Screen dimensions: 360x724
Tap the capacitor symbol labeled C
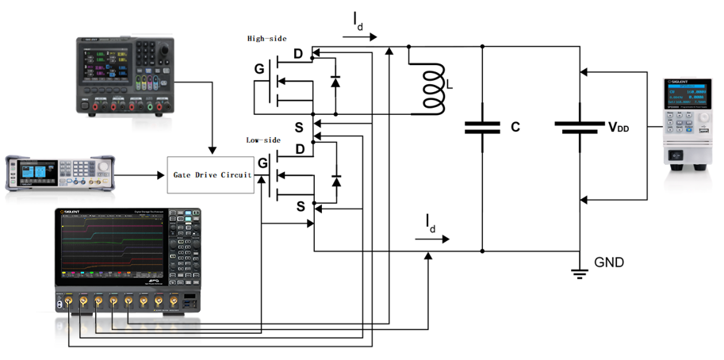point(482,126)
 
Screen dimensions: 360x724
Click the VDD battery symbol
point(580,126)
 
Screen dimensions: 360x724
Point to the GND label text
point(610,262)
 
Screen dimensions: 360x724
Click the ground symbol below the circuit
point(580,274)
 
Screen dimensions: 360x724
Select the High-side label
point(266,38)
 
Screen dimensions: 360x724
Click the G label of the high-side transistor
point(259,70)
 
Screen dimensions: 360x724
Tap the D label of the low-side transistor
point(300,149)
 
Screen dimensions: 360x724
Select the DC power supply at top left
point(123,76)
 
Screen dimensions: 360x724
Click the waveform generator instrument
point(59,173)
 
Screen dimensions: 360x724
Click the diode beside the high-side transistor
point(335,81)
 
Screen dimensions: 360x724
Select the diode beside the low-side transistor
point(335,182)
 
